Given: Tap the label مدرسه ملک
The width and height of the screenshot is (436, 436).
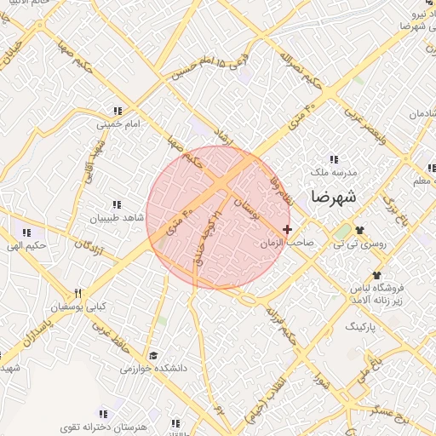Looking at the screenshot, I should (x=334, y=171).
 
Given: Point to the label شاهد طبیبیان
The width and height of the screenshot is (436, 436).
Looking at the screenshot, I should (x=118, y=218).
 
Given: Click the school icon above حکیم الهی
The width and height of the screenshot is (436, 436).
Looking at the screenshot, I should (x=26, y=232).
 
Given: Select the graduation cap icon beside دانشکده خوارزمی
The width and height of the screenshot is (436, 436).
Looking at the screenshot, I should (x=153, y=356).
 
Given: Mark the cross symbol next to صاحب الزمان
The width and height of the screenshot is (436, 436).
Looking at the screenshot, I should (x=287, y=229).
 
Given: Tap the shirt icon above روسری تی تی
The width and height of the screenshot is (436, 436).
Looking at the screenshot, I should (x=359, y=230).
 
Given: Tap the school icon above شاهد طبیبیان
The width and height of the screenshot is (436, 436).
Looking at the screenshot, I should (x=117, y=205).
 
